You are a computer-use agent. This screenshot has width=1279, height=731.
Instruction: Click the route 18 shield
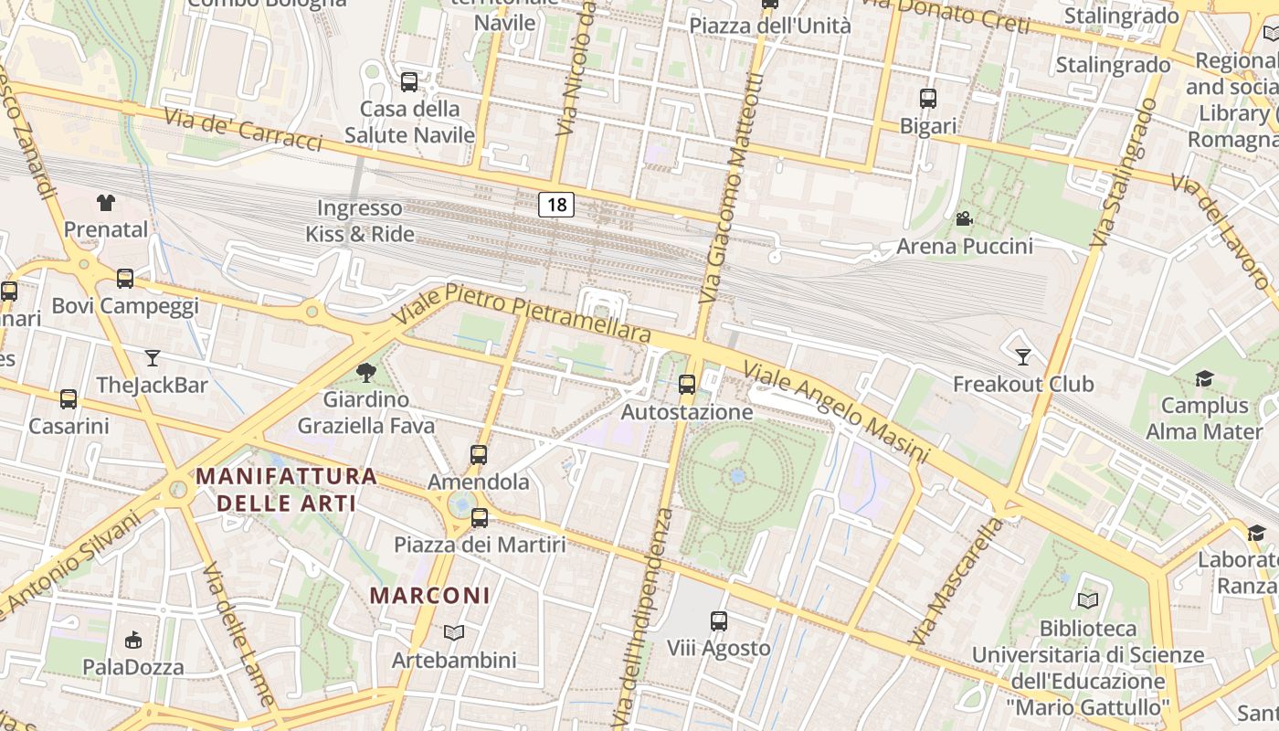click(555, 205)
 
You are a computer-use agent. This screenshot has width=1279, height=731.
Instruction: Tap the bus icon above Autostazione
click(687, 385)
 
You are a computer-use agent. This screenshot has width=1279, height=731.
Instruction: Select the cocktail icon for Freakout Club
click(1022, 356)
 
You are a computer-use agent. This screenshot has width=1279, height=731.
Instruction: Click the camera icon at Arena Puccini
click(964, 218)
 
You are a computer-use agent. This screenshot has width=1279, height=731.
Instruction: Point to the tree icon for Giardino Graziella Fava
click(366, 372)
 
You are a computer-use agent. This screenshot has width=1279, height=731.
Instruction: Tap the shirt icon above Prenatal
click(106, 202)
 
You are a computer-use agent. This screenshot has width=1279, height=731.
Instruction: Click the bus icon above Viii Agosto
click(719, 621)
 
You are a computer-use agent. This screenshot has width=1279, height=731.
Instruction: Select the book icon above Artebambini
click(454, 632)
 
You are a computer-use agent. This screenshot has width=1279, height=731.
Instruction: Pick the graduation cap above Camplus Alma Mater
click(1204, 378)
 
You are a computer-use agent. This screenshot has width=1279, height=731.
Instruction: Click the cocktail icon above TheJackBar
click(153, 357)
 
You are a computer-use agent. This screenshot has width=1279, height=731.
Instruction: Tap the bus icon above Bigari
click(928, 99)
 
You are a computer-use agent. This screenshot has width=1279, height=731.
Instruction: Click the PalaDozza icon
click(133, 640)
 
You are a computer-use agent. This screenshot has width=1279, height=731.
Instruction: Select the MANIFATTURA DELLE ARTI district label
click(286, 489)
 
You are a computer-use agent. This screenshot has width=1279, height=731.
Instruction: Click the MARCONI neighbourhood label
click(429, 596)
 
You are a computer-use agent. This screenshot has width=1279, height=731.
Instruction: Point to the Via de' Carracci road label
click(243, 130)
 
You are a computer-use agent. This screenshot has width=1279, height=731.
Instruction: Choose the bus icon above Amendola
click(479, 454)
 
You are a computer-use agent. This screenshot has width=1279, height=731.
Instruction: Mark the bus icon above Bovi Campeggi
click(125, 279)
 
